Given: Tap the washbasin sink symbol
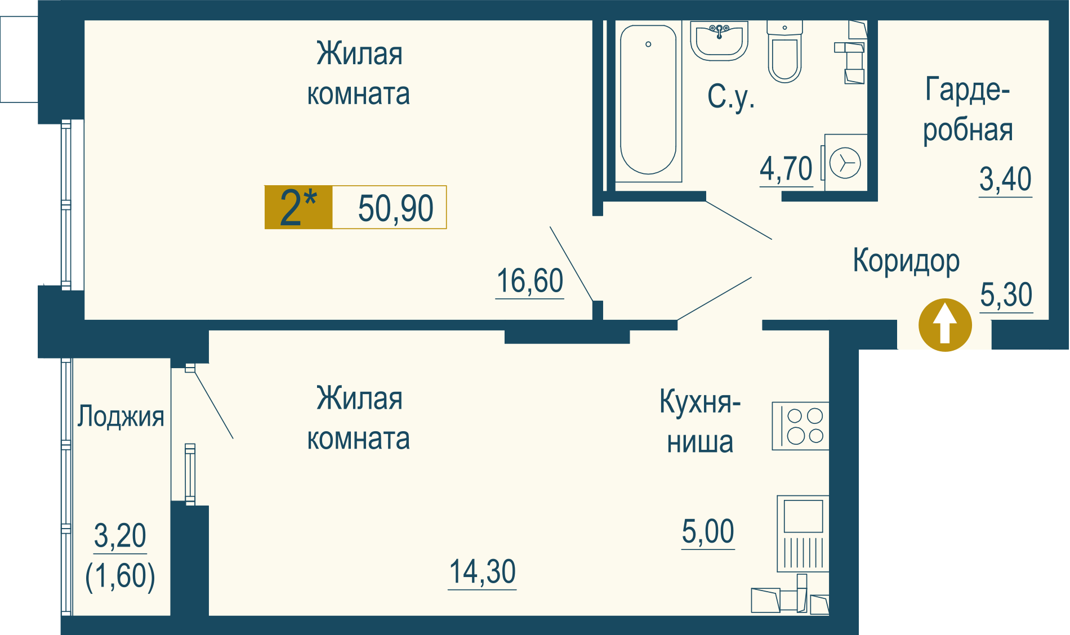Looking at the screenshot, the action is click(x=719, y=41).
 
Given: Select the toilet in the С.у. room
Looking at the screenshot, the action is click(x=784, y=52).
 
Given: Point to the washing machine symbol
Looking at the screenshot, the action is click(x=845, y=163).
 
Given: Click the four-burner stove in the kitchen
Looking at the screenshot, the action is click(x=800, y=426).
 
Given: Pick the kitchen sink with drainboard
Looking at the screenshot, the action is click(x=803, y=534).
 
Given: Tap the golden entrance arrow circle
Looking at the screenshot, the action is click(x=945, y=325).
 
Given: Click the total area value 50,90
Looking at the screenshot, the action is click(x=396, y=208).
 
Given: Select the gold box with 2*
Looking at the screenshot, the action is click(x=298, y=207).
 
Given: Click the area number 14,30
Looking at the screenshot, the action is click(x=483, y=571).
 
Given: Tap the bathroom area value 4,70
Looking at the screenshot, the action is click(x=786, y=168).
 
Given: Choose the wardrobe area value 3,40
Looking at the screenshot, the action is click(x=1005, y=179).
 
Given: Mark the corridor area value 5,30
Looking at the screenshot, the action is click(x=1006, y=294).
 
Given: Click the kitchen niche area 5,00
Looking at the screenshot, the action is click(x=708, y=531).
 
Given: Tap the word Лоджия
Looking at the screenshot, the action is click(x=121, y=417).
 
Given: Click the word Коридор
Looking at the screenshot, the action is click(x=906, y=261).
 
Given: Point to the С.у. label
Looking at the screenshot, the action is click(x=731, y=97).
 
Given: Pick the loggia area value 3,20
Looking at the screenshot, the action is click(x=120, y=535).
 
